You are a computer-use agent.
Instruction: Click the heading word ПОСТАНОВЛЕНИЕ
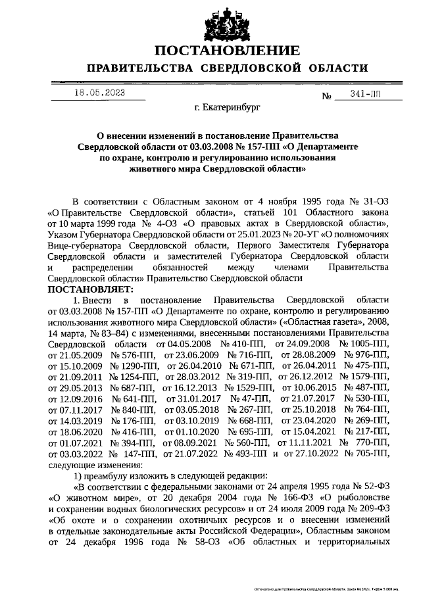227,51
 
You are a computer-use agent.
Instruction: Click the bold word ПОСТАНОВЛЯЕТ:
90,289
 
